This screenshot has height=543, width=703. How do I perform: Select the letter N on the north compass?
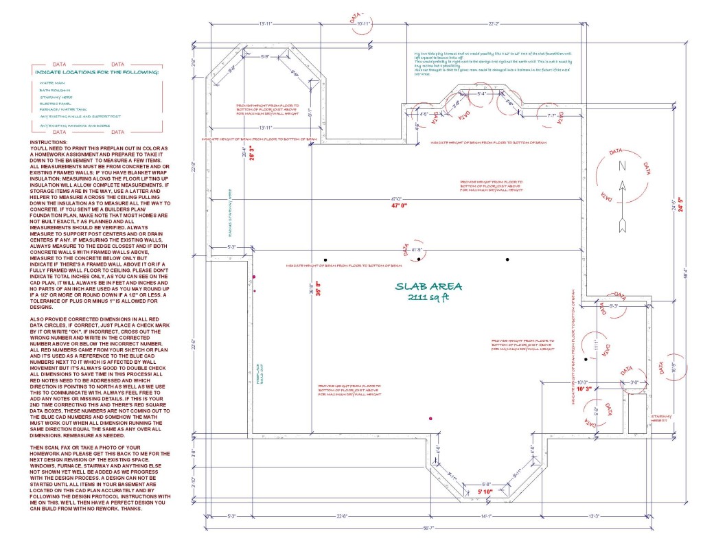point(622,165)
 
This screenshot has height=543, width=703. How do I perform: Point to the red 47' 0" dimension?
point(400,205)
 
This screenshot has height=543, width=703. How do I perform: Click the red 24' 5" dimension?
point(681,205)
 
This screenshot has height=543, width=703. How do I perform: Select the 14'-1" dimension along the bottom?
point(486,517)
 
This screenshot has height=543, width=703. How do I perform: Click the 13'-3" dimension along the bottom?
point(614,517)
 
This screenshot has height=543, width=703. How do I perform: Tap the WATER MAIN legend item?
point(53,82)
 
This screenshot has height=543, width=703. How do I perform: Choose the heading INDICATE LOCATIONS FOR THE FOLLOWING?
point(97,71)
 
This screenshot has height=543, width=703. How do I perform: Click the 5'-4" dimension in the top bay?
point(483,93)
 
